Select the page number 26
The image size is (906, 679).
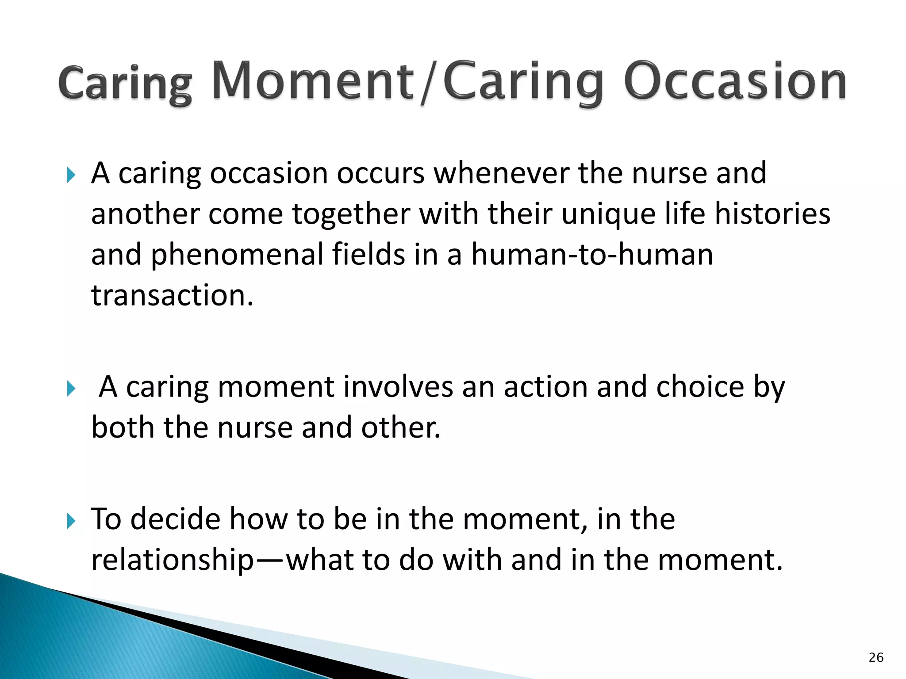[876, 657]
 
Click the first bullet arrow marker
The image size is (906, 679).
[71, 175]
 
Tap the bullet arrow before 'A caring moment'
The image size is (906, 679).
[71, 389]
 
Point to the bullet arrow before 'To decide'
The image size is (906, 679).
[71, 521]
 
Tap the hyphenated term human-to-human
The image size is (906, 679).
[592, 255]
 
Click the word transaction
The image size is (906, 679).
[172, 296]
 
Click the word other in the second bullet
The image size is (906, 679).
[400, 427]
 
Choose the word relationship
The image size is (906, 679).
[173, 560]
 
